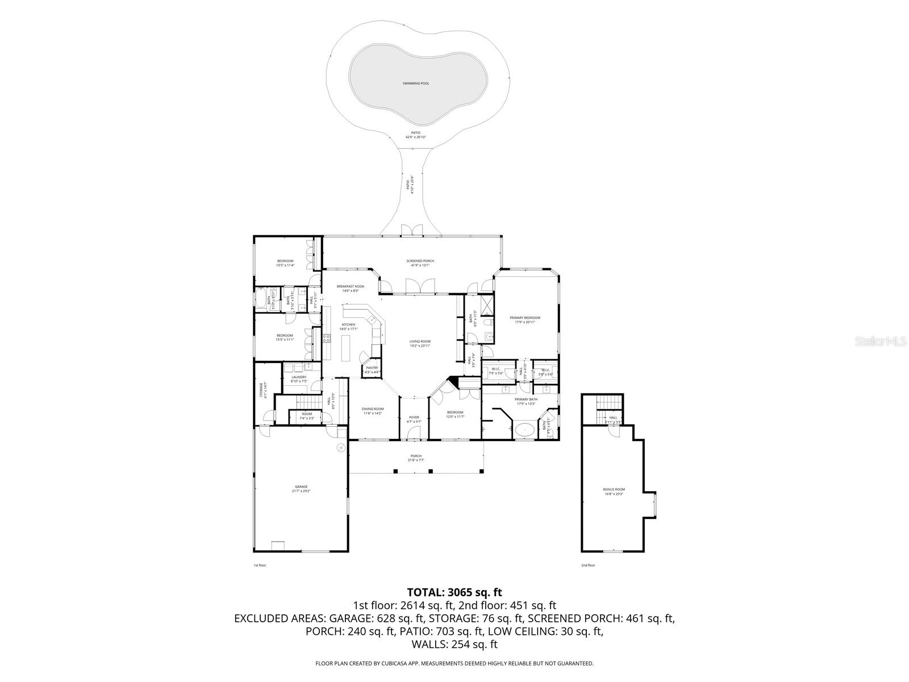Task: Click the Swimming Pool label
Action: pyautogui.click(x=416, y=84)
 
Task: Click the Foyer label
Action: pyautogui.click(x=414, y=419)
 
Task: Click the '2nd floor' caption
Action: pyautogui.click(x=588, y=565)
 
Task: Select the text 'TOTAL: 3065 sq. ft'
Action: pyautogui.click(x=454, y=593)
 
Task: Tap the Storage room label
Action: pyautogui.click(x=261, y=392)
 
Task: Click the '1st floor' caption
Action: pyautogui.click(x=260, y=565)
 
